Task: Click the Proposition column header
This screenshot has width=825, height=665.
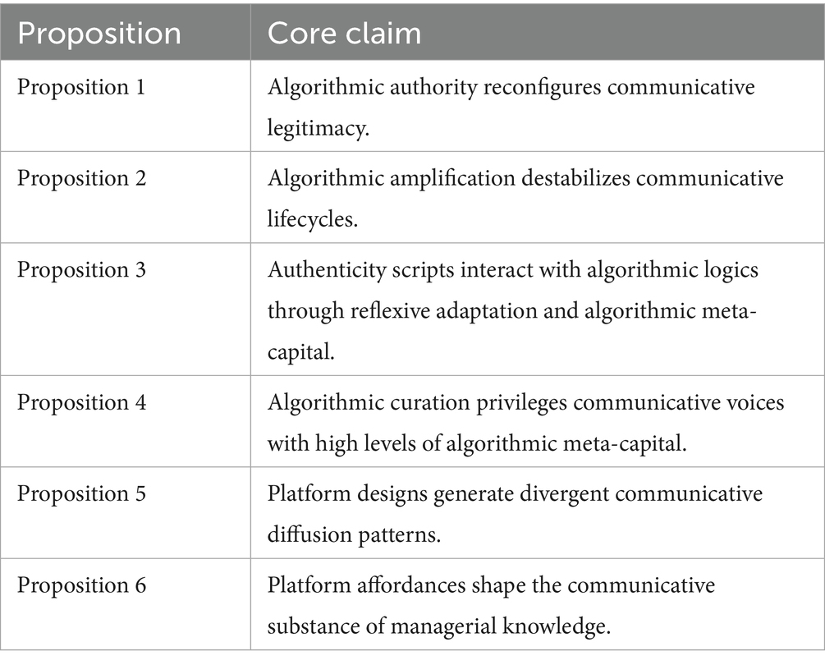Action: tap(99, 32)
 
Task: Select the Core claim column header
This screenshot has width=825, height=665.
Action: tap(345, 32)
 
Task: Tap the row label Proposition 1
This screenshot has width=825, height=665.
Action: tap(82, 87)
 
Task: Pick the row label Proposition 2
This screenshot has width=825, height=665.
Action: tap(82, 177)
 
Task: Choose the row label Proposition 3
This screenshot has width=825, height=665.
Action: tap(82, 268)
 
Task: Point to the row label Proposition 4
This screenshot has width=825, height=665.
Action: tap(82, 403)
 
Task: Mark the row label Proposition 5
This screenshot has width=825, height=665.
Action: tap(82, 493)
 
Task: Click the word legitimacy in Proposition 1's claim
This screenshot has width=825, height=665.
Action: tap(316, 130)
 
